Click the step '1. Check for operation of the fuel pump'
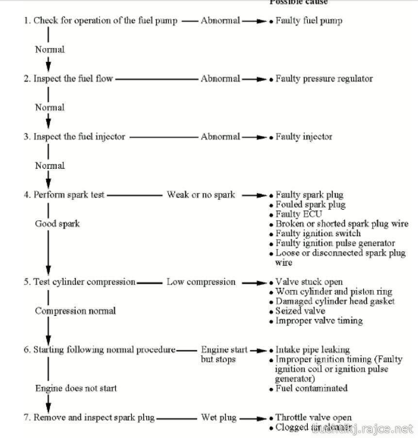pos(100,20)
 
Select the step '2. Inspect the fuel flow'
pos(68,78)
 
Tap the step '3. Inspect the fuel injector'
pos(74,137)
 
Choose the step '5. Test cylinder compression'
pos(80,282)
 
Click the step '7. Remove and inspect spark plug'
pos(89,417)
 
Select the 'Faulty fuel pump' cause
pos(309,20)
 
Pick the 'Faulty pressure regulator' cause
pos(324,78)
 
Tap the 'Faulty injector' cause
pos(304,137)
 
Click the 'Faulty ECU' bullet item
pos(299,214)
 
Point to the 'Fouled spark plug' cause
pos(310,205)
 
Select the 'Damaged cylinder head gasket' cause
pos(335,301)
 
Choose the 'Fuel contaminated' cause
pos(311,388)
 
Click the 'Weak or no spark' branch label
pos(201,195)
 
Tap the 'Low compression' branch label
pos(201,282)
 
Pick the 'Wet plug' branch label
pos(218,417)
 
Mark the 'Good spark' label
pos(57,224)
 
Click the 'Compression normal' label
pos(75,311)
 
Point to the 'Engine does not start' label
pos(76,388)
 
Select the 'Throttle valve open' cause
pos(313,418)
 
